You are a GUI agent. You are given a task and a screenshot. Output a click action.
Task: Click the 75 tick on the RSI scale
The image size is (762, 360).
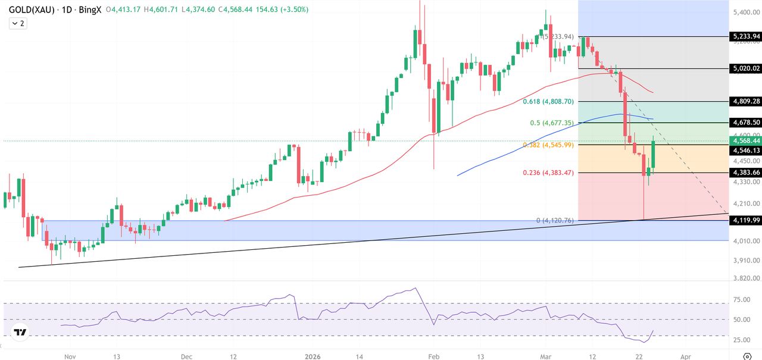click(x=741, y=300)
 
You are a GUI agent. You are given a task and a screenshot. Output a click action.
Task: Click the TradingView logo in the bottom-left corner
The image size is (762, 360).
click(x=20, y=332)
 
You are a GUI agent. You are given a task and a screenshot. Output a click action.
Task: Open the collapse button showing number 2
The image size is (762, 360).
click(x=18, y=23)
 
